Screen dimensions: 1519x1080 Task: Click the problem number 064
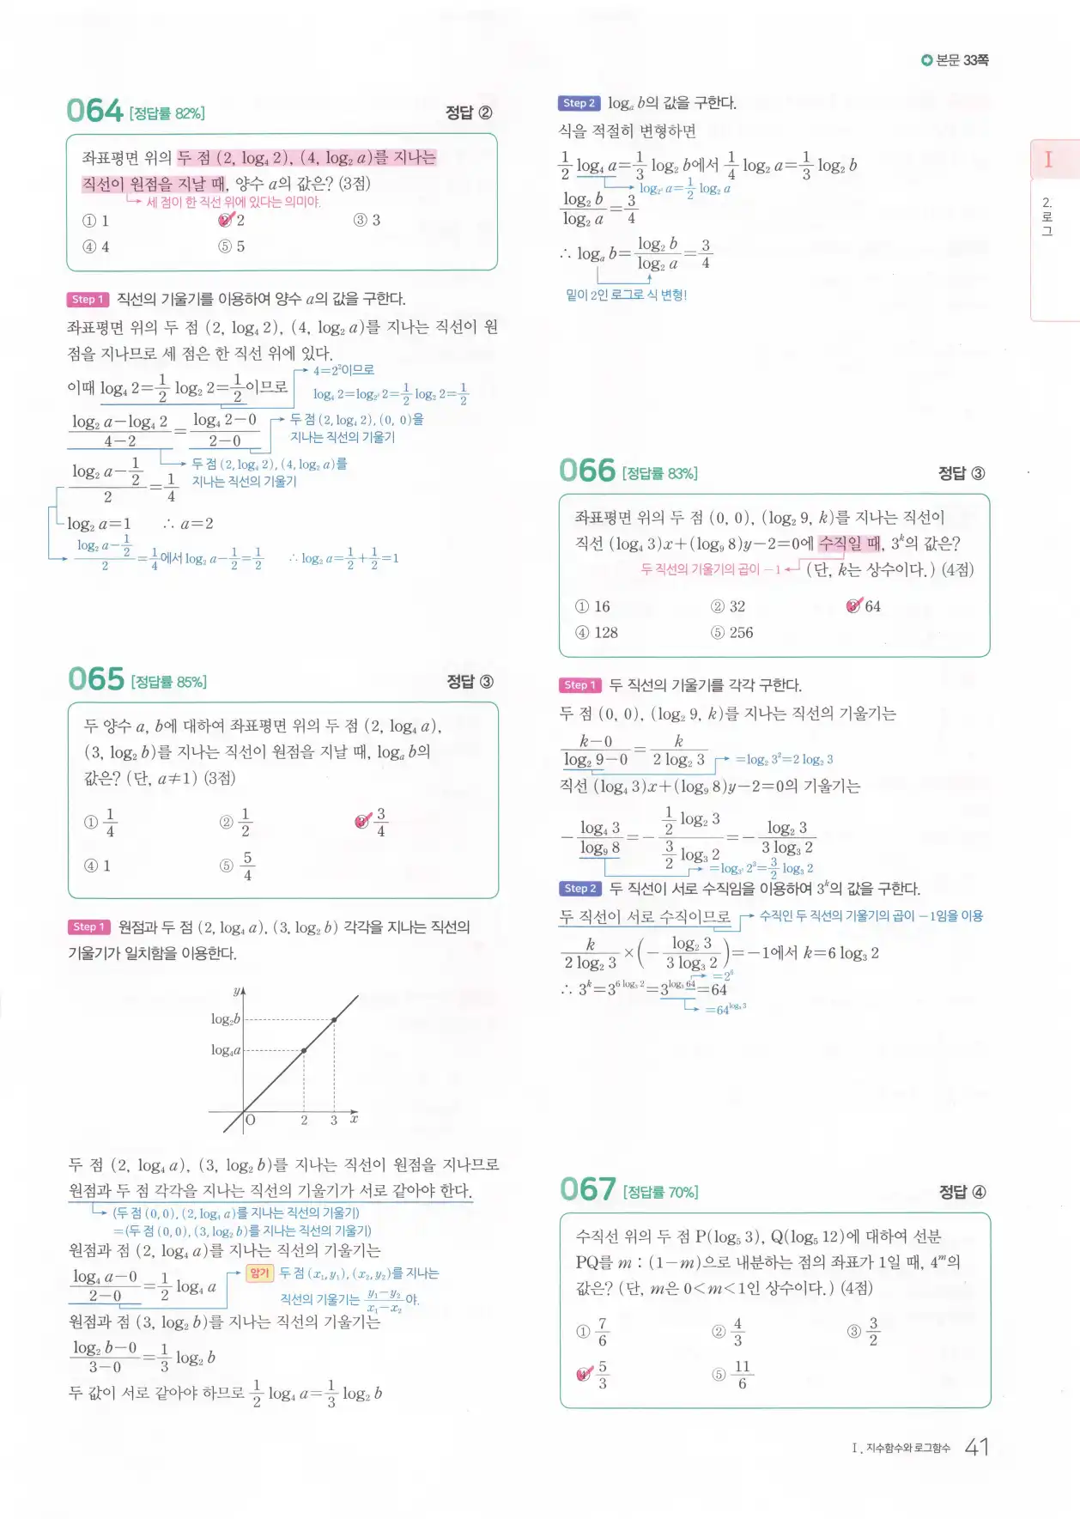[95, 111]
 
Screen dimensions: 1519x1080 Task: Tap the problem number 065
[96, 679]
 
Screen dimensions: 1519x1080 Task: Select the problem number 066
[587, 471]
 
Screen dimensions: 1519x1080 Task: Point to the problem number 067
[588, 1189]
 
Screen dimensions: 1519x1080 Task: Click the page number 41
[976, 1447]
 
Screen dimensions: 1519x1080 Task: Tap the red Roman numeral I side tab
[1048, 160]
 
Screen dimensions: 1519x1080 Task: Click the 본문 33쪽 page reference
[955, 60]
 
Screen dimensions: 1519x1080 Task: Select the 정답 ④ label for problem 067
[962, 1192]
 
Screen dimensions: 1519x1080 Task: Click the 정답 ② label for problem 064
[469, 112]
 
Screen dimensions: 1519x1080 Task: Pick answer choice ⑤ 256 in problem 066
[731, 633]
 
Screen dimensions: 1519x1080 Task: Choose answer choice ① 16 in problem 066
[592, 607]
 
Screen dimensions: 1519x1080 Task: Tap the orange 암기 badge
[259, 1273]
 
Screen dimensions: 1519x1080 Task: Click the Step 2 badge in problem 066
[579, 888]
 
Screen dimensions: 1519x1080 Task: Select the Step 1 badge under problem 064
[88, 299]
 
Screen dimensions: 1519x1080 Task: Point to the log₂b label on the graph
[226, 1019]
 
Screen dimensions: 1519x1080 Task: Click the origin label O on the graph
[251, 1120]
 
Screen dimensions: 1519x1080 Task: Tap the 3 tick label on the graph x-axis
[333, 1120]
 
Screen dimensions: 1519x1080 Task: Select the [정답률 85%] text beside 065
[169, 682]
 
